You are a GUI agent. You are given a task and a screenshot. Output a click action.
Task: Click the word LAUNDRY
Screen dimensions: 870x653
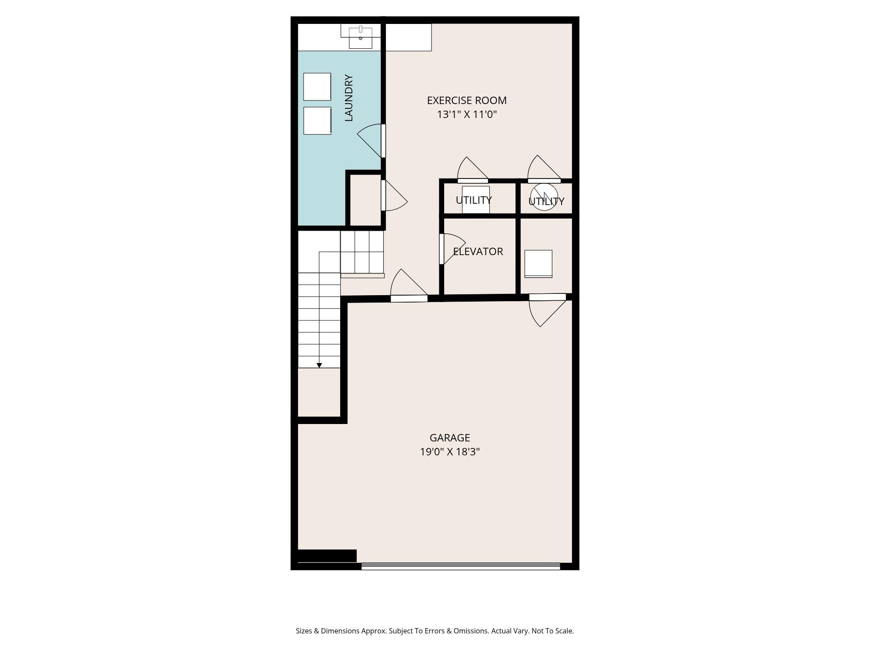point(348,98)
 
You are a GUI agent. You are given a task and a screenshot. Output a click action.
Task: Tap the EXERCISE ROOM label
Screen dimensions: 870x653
point(467,101)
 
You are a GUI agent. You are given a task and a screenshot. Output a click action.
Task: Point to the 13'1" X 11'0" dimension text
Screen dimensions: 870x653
point(467,114)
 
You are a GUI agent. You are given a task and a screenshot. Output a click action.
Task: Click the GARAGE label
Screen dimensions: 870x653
point(450,438)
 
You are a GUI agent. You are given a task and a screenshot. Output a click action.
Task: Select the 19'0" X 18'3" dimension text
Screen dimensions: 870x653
point(450,452)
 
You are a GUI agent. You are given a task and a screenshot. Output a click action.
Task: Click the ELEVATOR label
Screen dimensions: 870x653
point(478,252)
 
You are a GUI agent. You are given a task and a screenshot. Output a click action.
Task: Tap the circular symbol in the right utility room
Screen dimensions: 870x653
point(544,197)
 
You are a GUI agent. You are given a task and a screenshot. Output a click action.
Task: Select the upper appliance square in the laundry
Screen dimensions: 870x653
point(317,87)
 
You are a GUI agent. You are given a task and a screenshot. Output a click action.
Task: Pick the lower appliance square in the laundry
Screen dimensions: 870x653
point(317,121)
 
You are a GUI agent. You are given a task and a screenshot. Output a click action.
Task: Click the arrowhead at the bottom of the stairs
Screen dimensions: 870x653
point(319,365)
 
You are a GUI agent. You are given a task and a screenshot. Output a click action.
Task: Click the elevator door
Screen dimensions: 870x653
point(452,249)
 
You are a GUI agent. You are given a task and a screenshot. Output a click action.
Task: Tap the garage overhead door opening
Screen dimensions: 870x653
point(461,566)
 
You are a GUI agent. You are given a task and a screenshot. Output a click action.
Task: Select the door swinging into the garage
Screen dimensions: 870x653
point(548,310)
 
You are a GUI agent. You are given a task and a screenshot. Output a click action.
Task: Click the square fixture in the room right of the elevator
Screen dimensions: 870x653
point(539,264)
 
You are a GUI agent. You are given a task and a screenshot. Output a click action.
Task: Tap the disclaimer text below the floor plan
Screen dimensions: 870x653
point(435,631)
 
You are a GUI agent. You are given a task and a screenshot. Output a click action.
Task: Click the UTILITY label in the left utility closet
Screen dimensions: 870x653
point(474,200)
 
